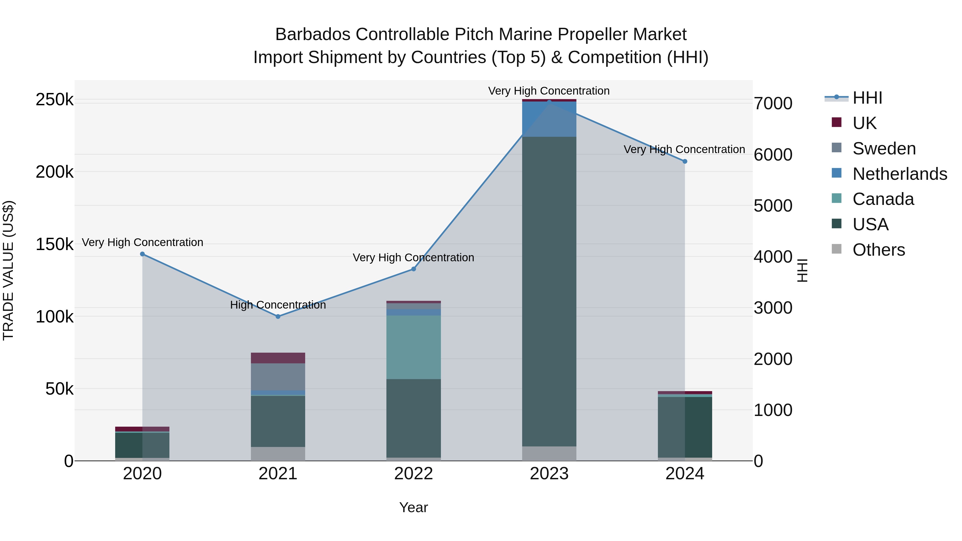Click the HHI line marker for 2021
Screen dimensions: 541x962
click(278, 317)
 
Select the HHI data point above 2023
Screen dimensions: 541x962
click(549, 102)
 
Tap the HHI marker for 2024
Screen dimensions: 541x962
click(685, 162)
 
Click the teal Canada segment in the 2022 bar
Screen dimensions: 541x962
click(413, 347)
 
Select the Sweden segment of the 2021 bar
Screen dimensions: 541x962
click(278, 376)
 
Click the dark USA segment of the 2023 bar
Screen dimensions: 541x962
click(549, 291)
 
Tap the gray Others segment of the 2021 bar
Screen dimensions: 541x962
click(278, 454)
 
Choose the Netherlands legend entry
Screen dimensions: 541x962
click(899, 174)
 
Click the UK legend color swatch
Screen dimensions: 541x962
click(836, 122)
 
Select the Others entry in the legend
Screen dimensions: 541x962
click(878, 250)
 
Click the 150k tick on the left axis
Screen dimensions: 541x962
click(55, 244)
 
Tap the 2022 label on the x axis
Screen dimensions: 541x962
click(413, 474)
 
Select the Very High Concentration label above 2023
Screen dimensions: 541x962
click(549, 91)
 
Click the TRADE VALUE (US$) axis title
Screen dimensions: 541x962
click(8, 270)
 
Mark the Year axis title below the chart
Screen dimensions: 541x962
click(413, 507)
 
